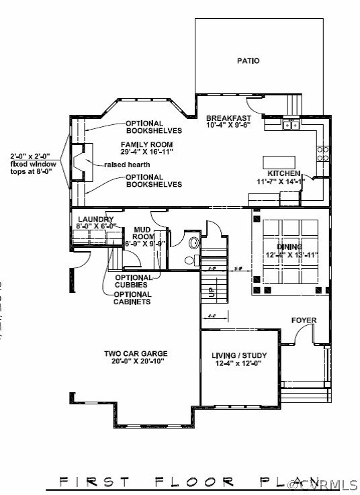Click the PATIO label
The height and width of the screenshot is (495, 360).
(x=248, y=61)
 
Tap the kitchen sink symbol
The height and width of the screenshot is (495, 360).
(x=291, y=124)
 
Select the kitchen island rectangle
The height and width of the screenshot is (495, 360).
(x=279, y=163)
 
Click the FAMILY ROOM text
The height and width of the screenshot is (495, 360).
(x=146, y=144)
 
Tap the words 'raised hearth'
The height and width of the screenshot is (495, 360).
(x=127, y=165)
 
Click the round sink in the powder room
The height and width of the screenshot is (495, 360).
(x=194, y=243)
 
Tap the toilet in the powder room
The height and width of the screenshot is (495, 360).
(x=189, y=261)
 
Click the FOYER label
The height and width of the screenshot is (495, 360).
(x=304, y=320)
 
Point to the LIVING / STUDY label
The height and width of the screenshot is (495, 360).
(x=239, y=355)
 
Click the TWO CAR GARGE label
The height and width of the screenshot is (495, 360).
(x=135, y=353)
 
